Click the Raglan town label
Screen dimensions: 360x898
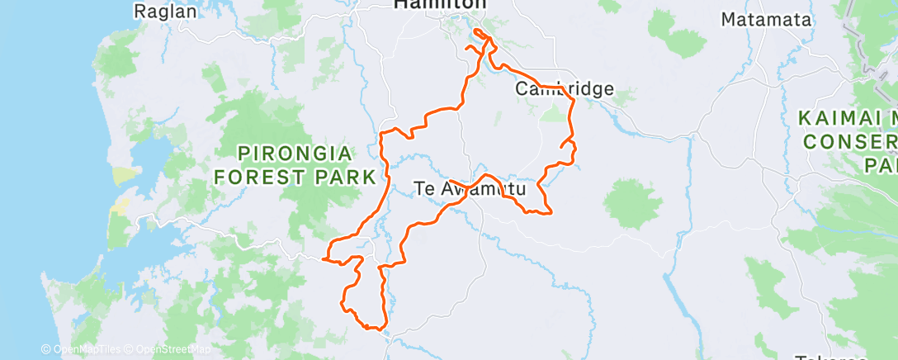point(165,12)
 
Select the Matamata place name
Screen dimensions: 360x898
point(766,19)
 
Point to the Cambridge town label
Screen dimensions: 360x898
point(565,88)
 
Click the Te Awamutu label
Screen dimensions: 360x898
point(470,189)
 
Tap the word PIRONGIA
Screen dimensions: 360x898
point(295,154)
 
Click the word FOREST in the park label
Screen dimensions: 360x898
point(272,176)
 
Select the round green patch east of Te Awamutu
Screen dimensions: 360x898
point(632,201)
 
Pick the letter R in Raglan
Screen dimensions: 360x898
point(139,12)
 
